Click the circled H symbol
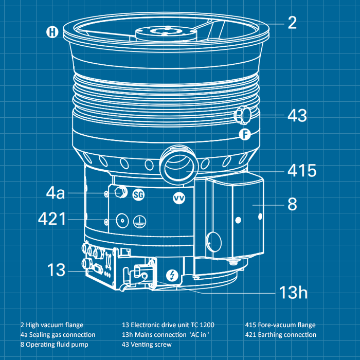[x=52, y=32]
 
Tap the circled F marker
[x=245, y=134]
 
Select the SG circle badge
[x=139, y=195]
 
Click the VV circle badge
[x=179, y=198]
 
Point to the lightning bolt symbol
[x=172, y=275]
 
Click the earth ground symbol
[x=139, y=222]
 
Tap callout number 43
[x=297, y=115]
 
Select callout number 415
[x=302, y=171]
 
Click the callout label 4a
[x=56, y=192]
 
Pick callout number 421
[x=52, y=219]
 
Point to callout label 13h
[x=293, y=292]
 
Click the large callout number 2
[x=292, y=23]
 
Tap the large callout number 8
[x=292, y=204]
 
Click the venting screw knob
[x=242, y=115]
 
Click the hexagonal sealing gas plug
[x=121, y=192]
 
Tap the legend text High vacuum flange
[x=55, y=325]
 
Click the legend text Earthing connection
[x=287, y=335]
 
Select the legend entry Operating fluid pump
[x=57, y=345]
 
